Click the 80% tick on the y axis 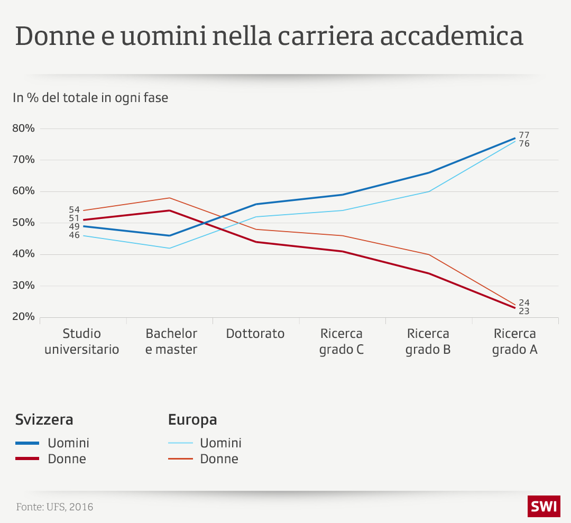click(x=23, y=129)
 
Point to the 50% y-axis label click(x=23, y=223)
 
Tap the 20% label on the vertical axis click(x=23, y=317)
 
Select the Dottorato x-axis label click(x=255, y=334)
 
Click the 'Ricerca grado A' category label click(x=514, y=342)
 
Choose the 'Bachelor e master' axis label click(x=171, y=342)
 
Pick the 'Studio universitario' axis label click(x=82, y=342)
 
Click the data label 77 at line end click(x=524, y=135)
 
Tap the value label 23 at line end click(x=524, y=311)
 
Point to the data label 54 click(x=74, y=209)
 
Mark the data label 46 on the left click(x=74, y=235)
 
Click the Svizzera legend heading click(x=44, y=420)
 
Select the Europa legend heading click(x=192, y=420)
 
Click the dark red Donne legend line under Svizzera click(x=27, y=458)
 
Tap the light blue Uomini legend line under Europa click(x=180, y=443)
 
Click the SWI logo click(x=543, y=506)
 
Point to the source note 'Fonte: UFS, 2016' click(x=54, y=507)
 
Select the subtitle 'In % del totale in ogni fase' click(x=90, y=97)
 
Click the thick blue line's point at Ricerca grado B click(x=428, y=172)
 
